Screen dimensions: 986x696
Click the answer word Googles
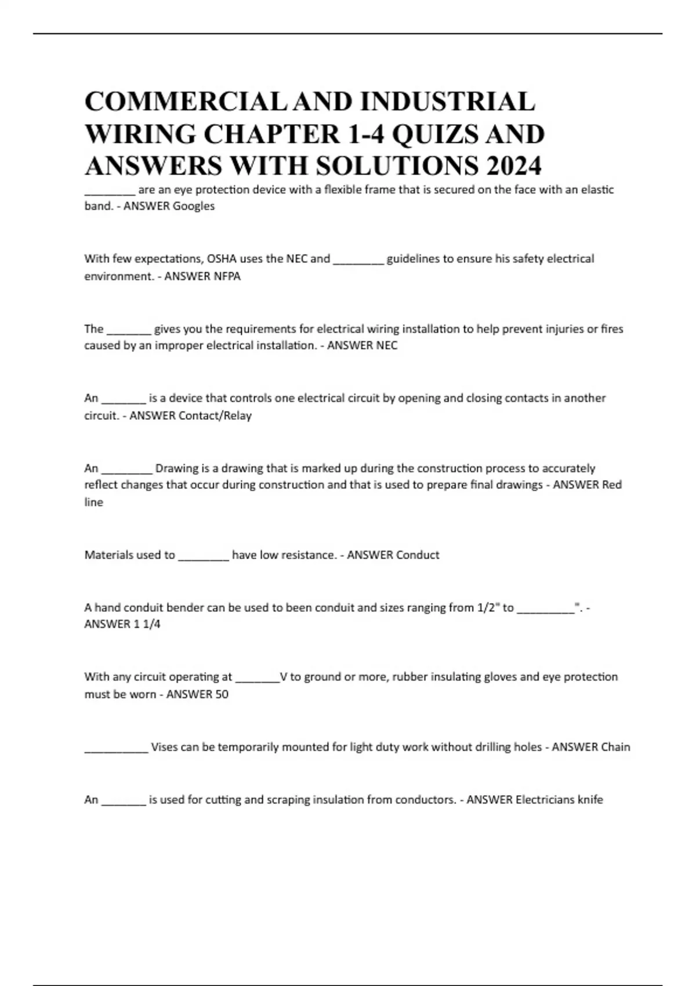[x=194, y=206]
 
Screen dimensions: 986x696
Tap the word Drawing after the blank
[x=177, y=468]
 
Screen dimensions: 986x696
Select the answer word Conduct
[x=416, y=555]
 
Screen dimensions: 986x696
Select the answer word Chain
[x=615, y=747]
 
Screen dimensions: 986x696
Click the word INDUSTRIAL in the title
[x=447, y=102]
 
